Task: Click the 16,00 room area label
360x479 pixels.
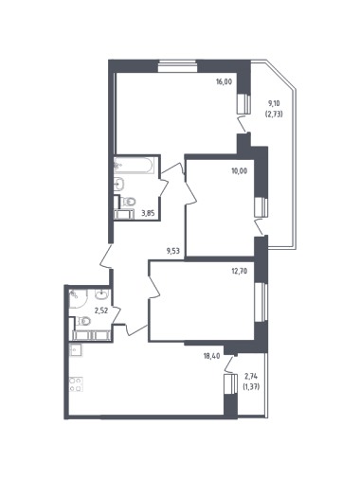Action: click(x=224, y=82)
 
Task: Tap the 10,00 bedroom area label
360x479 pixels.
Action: click(x=240, y=171)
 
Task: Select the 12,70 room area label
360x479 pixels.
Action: click(x=240, y=271)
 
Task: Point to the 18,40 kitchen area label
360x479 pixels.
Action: click(x=212, y=356)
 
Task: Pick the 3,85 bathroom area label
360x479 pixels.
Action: click(x=148, y=213)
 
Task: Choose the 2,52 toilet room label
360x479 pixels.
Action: click(x=101, y=310)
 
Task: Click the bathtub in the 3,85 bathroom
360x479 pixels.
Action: click(x=135, y=165)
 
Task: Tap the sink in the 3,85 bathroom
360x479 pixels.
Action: click(x=119, y=184)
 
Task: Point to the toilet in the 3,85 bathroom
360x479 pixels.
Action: click(x=128, y=201)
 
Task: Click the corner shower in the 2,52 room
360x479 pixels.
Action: click(x=78, y=298)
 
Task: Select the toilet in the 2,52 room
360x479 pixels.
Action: click(x=83, y=321)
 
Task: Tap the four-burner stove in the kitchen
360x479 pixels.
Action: click(x=76, y=384)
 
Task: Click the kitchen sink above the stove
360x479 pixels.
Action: click(x=76, y=350)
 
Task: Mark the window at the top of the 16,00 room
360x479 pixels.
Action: click(x=177, y=66)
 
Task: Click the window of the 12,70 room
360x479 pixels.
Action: click(x=261, y=302)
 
